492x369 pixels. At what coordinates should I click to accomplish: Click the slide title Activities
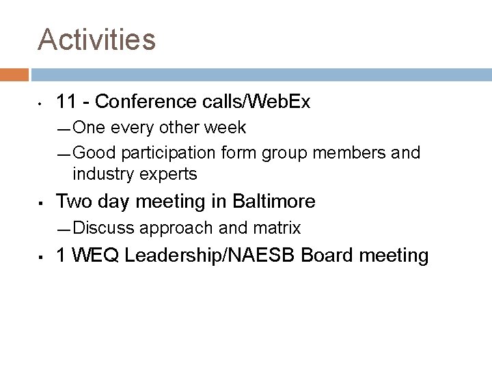point(97,40)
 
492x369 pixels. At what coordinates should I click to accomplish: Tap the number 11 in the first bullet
point(66,102)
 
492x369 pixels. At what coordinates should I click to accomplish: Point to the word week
point(227,128)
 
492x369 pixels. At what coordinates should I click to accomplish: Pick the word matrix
point(277,227)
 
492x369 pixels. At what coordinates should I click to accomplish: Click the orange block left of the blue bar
point(14,75)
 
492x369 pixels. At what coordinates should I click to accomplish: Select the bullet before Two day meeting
point(42,202)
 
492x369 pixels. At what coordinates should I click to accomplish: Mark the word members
point(343,152)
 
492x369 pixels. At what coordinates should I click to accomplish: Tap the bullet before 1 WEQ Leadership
point(42,257)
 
